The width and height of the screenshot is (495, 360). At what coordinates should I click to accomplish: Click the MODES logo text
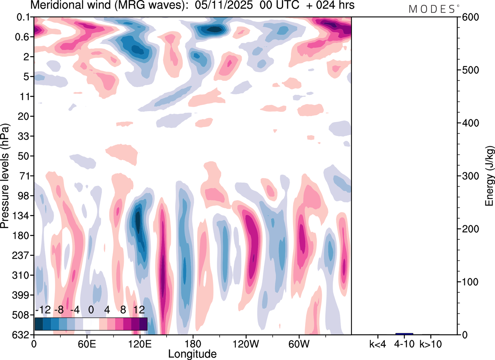point(432,9)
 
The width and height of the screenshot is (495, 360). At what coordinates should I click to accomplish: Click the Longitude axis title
point(192,353)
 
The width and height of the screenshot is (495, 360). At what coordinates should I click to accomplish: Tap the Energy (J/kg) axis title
point(490,176)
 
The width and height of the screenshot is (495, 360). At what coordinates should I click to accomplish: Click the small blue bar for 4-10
point(404,334)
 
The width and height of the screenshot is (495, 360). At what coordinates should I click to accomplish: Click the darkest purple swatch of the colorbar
point(143,324)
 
